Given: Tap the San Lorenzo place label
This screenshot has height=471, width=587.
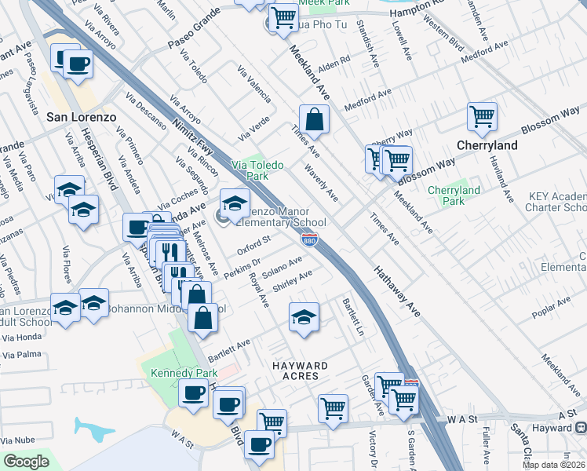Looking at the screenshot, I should point(82,117).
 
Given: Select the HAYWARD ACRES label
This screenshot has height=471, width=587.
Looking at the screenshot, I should point(300,371).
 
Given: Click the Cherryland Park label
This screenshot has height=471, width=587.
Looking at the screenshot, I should point(454,195).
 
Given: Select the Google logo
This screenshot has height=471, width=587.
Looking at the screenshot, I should point(25,462).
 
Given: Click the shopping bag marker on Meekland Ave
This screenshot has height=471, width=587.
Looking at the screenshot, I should point(313,120).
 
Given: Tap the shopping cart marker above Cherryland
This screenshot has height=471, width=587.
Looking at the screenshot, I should point(482,117).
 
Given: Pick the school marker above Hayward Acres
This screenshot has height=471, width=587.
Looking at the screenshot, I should point(304,317).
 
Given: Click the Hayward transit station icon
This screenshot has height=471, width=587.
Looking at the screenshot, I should point(581,428).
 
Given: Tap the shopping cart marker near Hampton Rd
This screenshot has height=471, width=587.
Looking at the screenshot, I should point(283,16).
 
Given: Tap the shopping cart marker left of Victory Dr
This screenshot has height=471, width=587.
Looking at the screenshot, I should point(333,408).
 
